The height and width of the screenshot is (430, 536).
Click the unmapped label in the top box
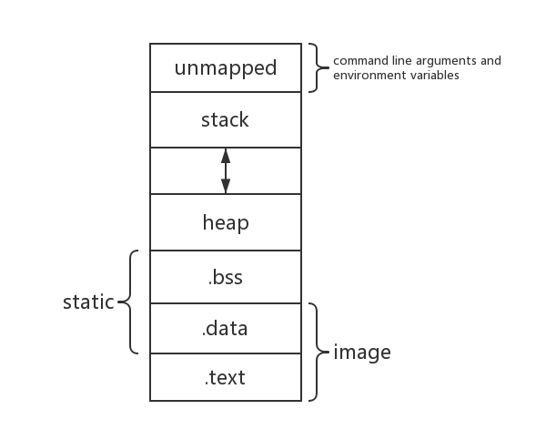tap(225, 67)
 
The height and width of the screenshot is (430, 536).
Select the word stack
tap(225, 119)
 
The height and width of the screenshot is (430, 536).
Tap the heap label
tap(225, 221)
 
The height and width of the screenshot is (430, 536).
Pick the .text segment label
tap(225, 376)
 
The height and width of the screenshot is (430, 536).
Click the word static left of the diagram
tap(88, 302)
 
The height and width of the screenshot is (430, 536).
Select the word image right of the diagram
tap(362, 352)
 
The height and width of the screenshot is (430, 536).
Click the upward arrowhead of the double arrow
tap(225, 155)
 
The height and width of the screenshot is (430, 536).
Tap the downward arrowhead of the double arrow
tap(225, 187)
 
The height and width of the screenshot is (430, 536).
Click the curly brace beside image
tap(318, 352)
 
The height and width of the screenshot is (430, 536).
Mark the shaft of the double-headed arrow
tap(225, 170)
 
